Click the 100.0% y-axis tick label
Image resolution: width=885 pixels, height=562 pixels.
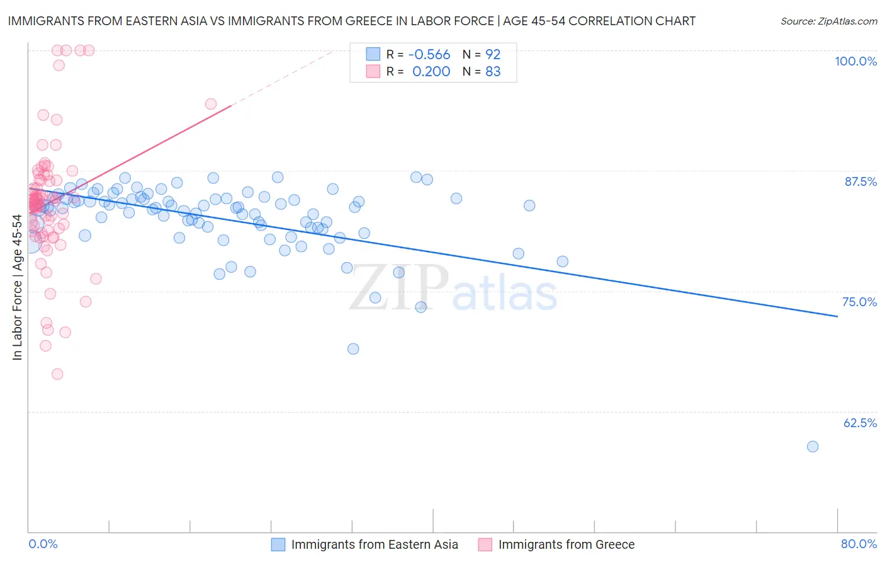click(x=855, y=61)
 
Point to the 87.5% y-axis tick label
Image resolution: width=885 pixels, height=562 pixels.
click(x=860, y=181)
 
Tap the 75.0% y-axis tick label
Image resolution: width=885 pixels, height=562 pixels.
click(x=859, y=302)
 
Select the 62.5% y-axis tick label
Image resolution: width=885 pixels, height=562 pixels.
click(x=860, y=423)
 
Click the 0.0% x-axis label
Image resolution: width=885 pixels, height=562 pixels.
click(x=43, y=544)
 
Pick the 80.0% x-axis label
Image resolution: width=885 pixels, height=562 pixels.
click(x=859, y=544)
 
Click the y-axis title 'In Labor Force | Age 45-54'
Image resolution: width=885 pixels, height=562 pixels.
click(x=17, y=287)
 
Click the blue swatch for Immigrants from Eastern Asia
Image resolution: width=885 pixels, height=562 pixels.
click(x=278, y=544)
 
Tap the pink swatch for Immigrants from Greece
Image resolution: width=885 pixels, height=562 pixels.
click(x=485, y=544)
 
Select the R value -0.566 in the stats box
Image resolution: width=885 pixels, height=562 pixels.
click(x=429, y=55)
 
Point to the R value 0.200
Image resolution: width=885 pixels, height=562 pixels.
click(x=431, y=72)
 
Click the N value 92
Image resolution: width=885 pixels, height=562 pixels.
click(x=493, y=55)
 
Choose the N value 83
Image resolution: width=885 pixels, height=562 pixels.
click(x=493, y=72)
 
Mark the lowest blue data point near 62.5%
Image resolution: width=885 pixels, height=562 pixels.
click(x=813, y=447)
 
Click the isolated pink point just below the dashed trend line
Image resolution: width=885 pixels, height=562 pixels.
click(x=211, y=104)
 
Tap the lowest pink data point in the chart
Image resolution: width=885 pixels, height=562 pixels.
click(x=57, y=374)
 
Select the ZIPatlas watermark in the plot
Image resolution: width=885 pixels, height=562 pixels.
click(x=453, y=288)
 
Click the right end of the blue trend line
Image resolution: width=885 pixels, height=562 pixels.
click(x=837, y=316)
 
